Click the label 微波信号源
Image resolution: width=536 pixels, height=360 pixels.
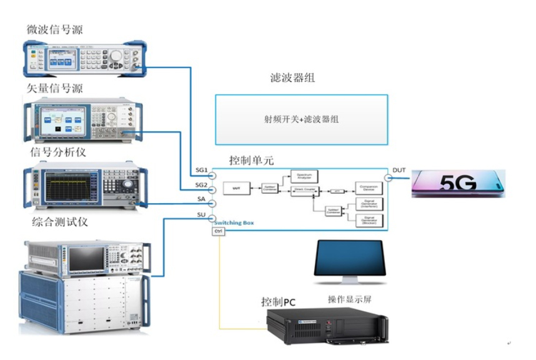(x=56, y=29)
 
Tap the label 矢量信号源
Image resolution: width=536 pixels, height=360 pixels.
(x=56, y=88)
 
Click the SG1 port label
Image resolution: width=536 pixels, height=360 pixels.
(x=201, y=170)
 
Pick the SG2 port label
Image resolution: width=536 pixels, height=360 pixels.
(x=201, y=186)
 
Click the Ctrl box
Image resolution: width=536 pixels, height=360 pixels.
(x=219, y=231)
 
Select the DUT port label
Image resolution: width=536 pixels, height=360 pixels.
(x=399, y=170)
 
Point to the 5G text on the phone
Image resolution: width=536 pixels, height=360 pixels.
(x=458, y=183)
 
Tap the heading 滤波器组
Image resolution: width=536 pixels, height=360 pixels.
(x=288, y=79)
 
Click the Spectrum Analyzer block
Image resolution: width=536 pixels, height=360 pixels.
(x=305, y=176)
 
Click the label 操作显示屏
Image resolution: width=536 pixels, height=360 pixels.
(x=349, y=299)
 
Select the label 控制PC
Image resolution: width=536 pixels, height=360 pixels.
(x=278, y=302)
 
